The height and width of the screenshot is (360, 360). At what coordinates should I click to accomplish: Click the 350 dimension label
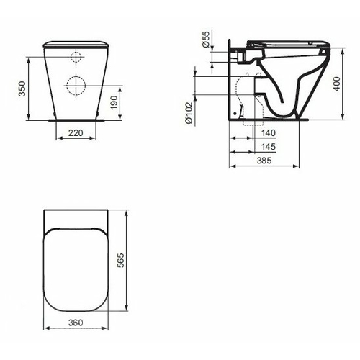pos(22,89)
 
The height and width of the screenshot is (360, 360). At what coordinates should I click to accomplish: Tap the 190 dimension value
pos(114,102)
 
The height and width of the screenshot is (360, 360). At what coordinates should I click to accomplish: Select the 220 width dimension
pos(76,132)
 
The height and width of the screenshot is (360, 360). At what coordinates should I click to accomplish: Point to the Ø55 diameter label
pos(206,40)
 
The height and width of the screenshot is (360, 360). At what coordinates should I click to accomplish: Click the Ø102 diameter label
pos(189,112)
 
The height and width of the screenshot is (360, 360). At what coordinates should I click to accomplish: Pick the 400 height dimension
pos(337,84)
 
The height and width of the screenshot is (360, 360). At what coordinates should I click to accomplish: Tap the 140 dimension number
pos(269,132)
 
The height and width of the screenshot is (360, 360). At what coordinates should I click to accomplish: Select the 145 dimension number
pos(269,146)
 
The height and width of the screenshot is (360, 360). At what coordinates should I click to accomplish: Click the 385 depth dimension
pos(264,161)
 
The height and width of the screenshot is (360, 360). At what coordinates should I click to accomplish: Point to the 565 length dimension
pos(121,260)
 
